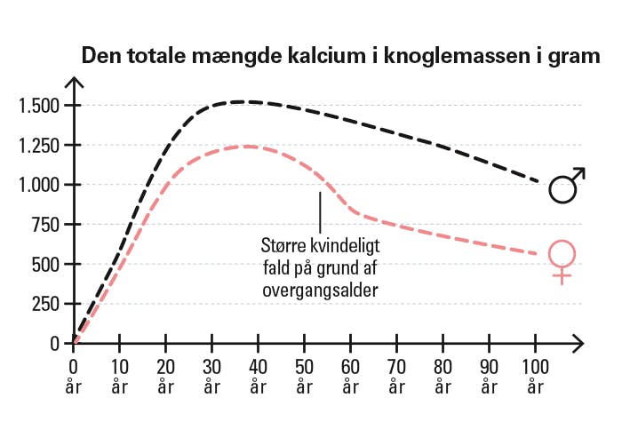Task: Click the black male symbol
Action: pos(566,186)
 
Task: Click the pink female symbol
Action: pos(562,260)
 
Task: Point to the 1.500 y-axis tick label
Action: pos(39,106)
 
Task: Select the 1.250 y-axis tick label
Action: pos(39,146)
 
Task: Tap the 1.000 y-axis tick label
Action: pos(39,185)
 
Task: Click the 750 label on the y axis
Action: pos(46,225)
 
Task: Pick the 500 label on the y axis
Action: pos(46,264)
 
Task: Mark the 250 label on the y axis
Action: pos(46,304)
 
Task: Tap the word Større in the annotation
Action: pos(281,242)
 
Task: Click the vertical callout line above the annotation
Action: pos(320,210)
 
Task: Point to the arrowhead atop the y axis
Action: pos(75,84)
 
